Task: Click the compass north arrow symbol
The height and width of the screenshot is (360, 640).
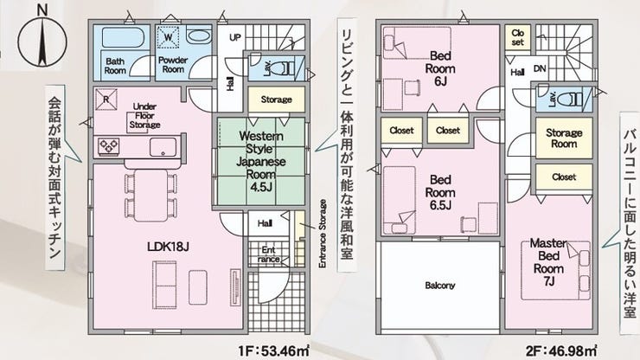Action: coord(42,41)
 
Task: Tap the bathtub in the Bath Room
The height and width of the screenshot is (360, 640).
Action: coord(123,37)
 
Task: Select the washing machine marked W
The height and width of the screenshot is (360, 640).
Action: coord(169,37)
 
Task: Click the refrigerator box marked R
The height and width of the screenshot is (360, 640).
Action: coord(106,100)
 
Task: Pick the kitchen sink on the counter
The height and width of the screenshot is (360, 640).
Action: coord(163,147)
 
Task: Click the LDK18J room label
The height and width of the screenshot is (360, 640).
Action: coord(168,247)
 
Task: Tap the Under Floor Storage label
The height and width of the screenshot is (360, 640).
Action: coord(144,116)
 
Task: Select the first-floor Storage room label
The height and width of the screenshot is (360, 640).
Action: coord(277,100)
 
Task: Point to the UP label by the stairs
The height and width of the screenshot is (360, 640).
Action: coord(234,37)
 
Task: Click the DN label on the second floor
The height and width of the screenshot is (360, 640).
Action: coord(540,68)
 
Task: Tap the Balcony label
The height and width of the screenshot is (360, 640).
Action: coord(439,286)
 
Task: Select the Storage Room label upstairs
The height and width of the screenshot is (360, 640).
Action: coord(564,138)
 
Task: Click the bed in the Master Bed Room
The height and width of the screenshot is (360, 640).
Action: coord(556,271)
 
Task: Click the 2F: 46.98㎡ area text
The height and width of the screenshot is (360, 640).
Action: coord(561,351)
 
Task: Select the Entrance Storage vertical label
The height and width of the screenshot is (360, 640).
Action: coord(323,234)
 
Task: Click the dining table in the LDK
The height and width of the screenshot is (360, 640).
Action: coord(150,196)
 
